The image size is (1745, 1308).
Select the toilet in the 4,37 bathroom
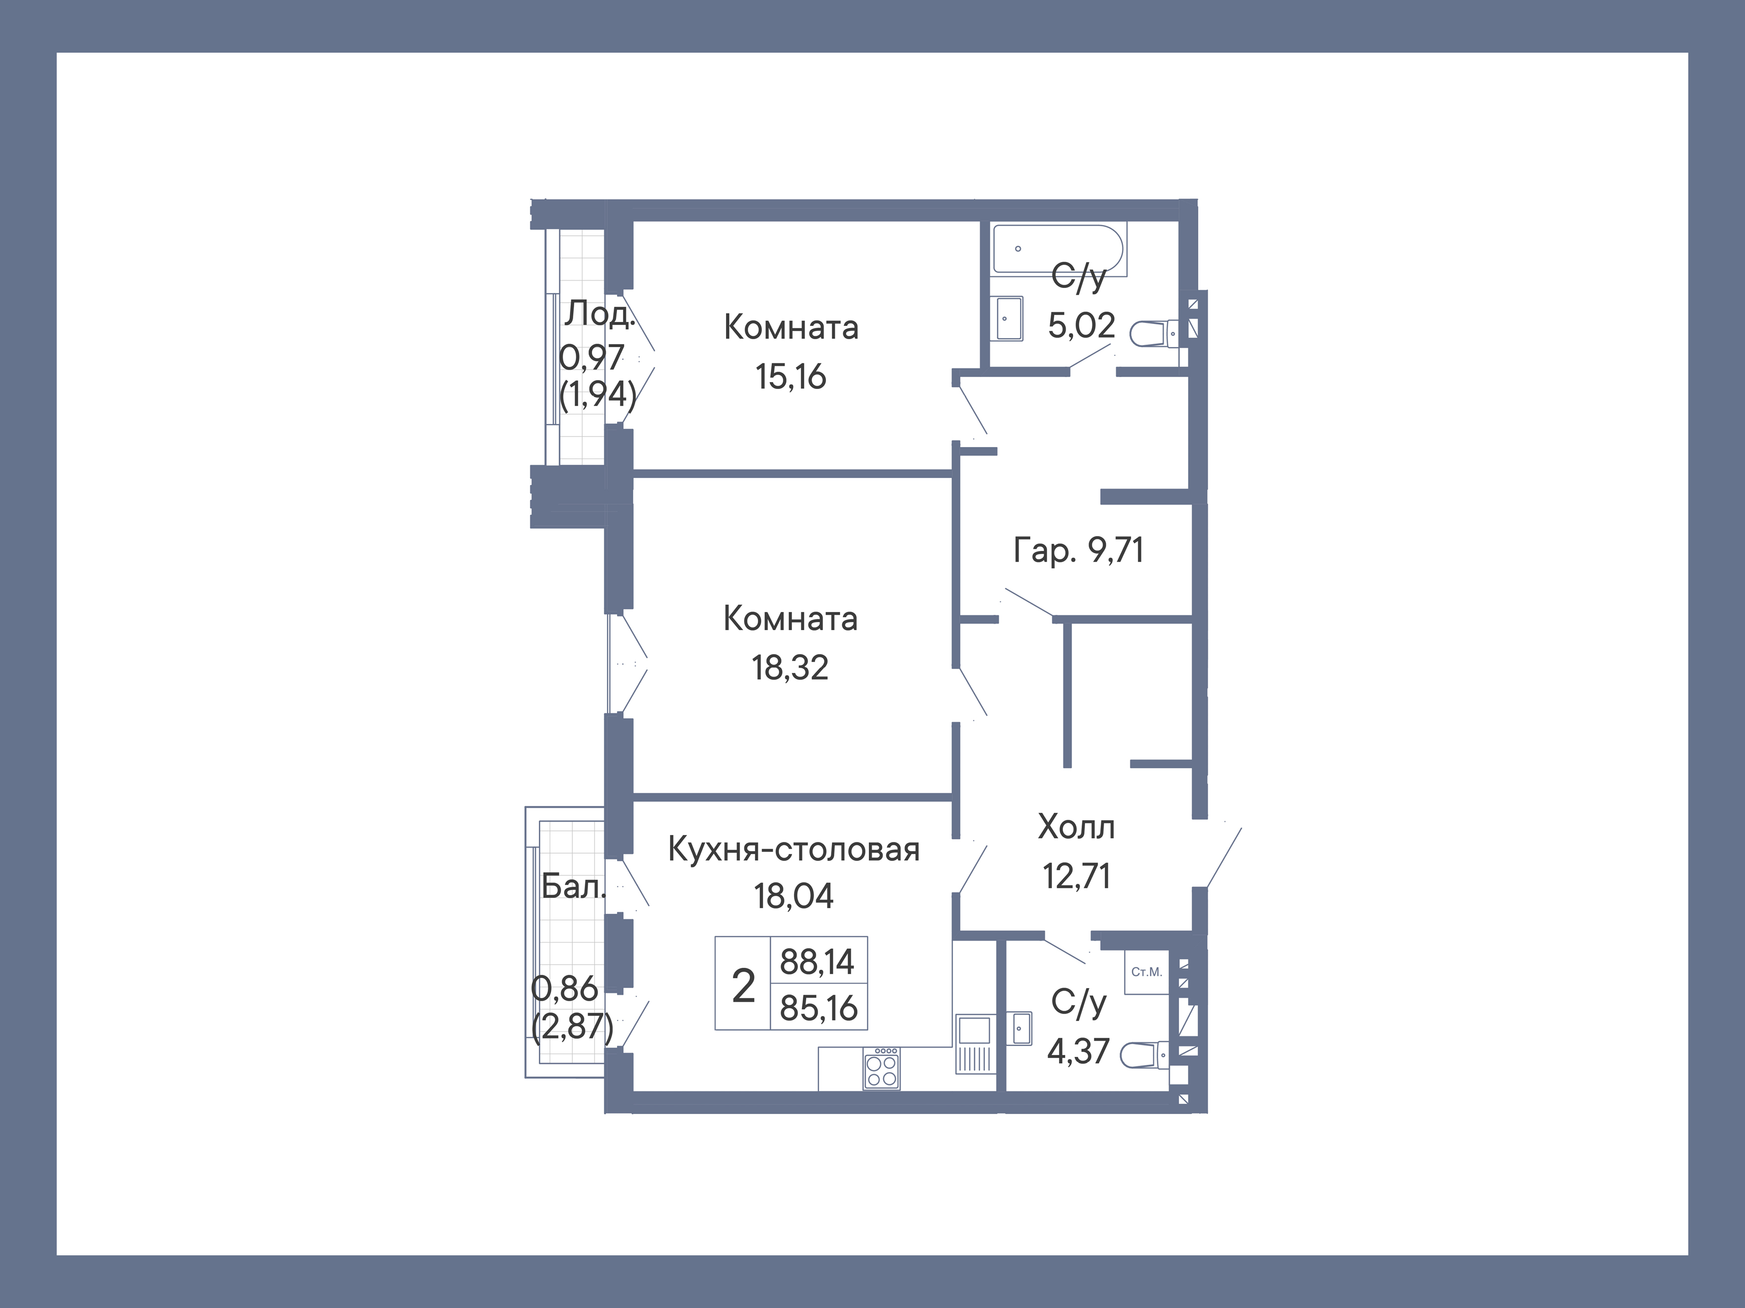[1144, 1054]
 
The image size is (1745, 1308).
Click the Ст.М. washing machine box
[1146, 972]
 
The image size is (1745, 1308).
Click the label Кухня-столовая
[793, 850]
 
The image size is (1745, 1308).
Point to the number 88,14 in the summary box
[817, 961]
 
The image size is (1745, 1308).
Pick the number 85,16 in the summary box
[818, 1008]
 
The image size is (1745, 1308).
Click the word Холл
[1076, 827]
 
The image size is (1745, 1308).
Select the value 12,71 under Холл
[1076, 876]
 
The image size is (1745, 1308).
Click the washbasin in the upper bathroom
[1009, 319]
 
